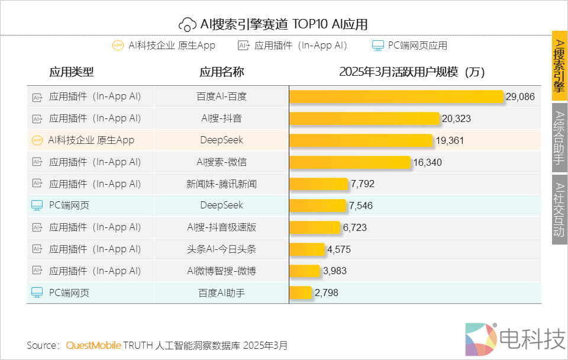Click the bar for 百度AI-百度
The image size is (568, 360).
coord(396,97)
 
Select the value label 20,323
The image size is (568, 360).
coord(456,118)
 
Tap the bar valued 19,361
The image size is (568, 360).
coord(361,140)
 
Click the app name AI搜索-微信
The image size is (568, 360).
coord(221,162)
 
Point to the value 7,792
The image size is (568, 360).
coord(362,184)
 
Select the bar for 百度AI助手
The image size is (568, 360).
coord(301,292)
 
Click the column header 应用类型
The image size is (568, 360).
coord(72,72)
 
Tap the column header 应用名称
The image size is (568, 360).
coord(221,72)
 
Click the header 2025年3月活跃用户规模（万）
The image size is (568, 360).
coord(412,72)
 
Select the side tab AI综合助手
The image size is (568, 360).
coord(559,138)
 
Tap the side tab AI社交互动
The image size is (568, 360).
coord(559,209)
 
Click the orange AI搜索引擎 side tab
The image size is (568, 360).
coord(559,66)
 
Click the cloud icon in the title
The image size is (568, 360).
coord(188,24)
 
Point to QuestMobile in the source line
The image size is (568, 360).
coord(93,345)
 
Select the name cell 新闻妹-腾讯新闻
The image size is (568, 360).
coord(221,184)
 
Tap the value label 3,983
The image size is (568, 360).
coord(335,271)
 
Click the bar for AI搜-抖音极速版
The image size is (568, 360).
coord(315,227)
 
